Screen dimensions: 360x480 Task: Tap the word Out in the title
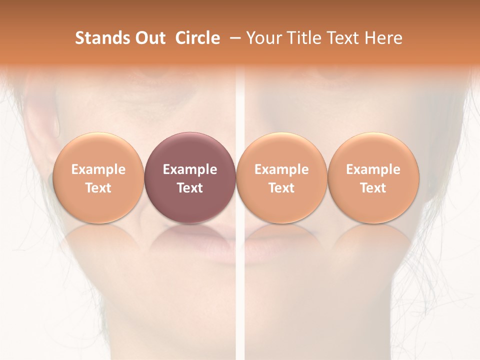[149, 38]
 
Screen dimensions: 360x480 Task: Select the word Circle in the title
[197, 38]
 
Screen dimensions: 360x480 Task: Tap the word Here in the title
[383, 38]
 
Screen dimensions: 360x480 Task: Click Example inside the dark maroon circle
[190, 169]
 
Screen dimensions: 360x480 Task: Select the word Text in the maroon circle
[190, 188]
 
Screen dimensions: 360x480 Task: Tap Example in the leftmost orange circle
[98, 169]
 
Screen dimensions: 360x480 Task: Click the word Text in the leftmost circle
[98, 188]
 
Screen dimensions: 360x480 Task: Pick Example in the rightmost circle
[373, 169]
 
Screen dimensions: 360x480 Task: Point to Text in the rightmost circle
[373, 188]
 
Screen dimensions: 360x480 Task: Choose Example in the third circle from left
[281, 169]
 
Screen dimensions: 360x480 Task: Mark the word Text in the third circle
[281, 188]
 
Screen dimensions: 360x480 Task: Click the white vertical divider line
[239, 300]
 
